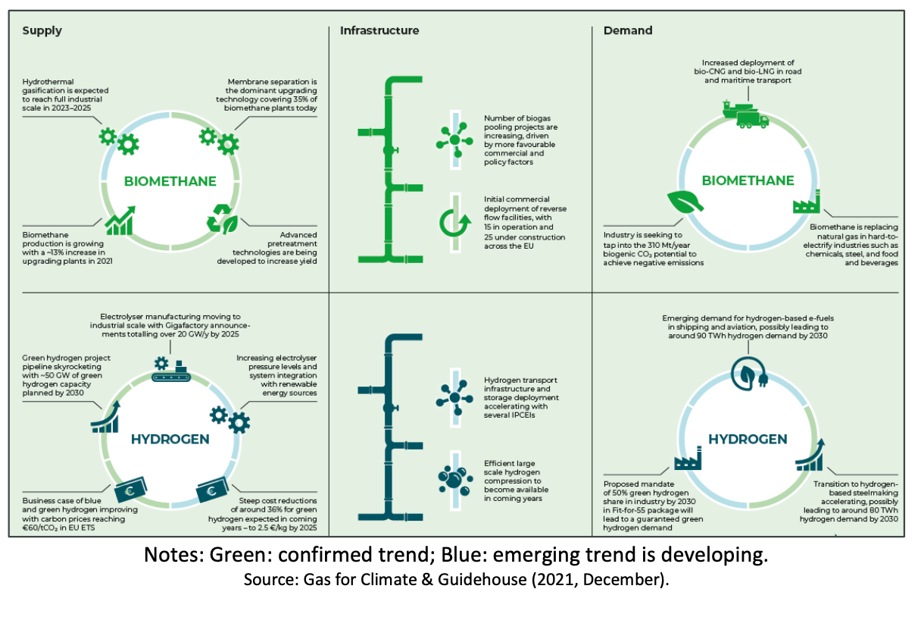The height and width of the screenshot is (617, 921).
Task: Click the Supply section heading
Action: coord(42,31)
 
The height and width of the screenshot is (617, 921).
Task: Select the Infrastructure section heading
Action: coord(379,31)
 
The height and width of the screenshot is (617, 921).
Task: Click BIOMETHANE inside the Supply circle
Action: coord(171,181)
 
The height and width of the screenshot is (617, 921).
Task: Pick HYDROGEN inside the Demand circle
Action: coord(748,439)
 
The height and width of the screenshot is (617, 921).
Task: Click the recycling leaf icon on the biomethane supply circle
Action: coord(223,219)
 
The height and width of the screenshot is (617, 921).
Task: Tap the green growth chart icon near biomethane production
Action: coord(119,220)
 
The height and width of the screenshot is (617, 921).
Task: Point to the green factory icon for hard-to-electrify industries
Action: coord(807,206)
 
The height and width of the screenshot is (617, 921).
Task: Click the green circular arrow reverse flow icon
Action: coord(455,222)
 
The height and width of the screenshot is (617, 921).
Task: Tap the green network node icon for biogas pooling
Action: coord(454,139)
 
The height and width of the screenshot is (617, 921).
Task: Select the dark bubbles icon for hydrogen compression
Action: coord(454,480)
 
